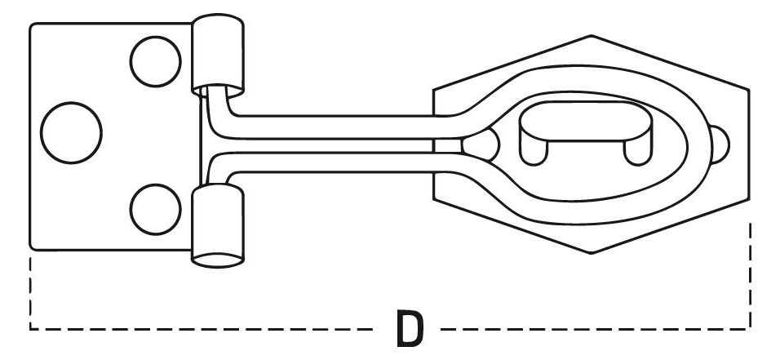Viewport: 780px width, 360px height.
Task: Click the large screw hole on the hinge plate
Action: click(71, 132)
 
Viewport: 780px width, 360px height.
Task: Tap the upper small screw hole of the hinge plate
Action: click(156, 62)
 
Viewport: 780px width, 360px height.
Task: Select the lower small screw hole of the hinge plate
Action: click(156, 209)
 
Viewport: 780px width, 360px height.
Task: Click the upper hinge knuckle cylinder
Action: click(218, 55)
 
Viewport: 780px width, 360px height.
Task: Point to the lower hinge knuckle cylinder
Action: click(218, 225)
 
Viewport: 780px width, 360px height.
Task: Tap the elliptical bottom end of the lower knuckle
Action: click(218, 260)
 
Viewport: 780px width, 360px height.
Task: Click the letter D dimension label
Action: click(410, 329)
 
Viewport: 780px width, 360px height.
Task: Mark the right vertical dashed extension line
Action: click(750, 275)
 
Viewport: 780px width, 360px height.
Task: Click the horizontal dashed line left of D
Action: click(201, 329)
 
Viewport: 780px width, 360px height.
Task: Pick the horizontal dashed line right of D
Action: click(596, 329)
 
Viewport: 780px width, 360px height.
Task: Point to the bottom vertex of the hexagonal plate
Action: click(591, 253)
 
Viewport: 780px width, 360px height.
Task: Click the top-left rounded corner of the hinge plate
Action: click(33, 26)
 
